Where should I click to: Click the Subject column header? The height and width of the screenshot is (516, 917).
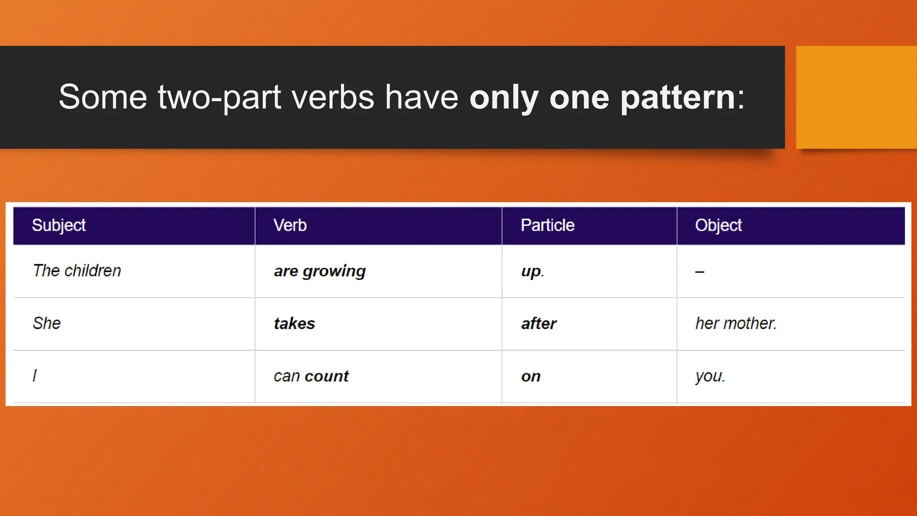click(x=59, y=225)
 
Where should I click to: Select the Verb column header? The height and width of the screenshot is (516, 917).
click(x=290, y=225)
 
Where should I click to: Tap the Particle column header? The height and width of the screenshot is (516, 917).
click(x=548, y=225)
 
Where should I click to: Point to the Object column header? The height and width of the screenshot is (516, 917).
click(x=719, y=225)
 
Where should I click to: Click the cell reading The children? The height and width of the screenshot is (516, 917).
click(x=77, y=271)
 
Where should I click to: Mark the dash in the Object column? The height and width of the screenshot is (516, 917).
click(x=700, y=271)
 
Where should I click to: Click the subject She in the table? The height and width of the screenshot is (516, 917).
click(x=47, y=323)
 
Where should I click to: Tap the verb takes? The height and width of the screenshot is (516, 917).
click(x=295, y=323)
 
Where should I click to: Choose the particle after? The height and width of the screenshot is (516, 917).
click(x=539, y=323)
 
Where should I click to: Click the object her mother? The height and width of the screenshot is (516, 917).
click(x=736, y=323)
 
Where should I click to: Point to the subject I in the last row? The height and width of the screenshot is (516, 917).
click(x=35, y=375)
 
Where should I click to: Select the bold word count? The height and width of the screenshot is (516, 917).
click(x=326, y=376)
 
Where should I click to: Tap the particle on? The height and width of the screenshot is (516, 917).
click(x=531, y=377)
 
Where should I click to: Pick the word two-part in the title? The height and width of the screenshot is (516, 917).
click(x=219, y=98)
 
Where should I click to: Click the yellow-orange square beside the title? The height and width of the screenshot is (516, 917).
click(x=856, y=97)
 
